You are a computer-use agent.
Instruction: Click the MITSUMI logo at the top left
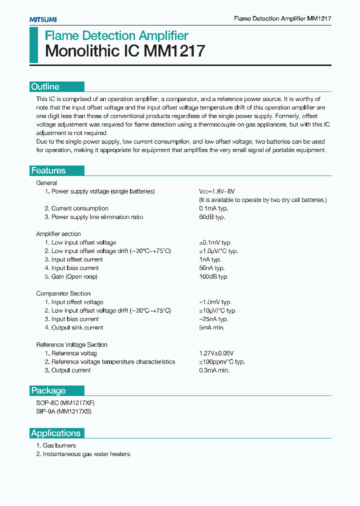pos(42,19)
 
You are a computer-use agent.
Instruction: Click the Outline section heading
pos(45,86)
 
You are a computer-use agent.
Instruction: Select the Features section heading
pos(48,170)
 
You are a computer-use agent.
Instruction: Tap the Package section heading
pos(48,390)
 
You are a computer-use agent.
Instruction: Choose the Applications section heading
pos(55,433)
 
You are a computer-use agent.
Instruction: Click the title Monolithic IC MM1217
pos(125,51)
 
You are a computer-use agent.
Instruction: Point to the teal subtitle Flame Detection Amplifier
pos(116,35)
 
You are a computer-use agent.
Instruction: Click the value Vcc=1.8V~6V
pos(216,191)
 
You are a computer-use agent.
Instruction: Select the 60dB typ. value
pos(212,217)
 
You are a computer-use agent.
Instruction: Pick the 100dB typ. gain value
pos(213,276)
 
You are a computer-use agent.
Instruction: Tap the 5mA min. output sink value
pos(212,327)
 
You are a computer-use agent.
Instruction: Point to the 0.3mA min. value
pos(214,370)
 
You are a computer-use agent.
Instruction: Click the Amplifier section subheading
pos(58,234)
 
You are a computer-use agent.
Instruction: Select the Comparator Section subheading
pos(63,293)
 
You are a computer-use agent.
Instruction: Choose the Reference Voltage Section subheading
pos(72,344)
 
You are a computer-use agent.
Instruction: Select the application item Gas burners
pos(56,445)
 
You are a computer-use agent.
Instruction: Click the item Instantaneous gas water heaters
pos(83,454)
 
